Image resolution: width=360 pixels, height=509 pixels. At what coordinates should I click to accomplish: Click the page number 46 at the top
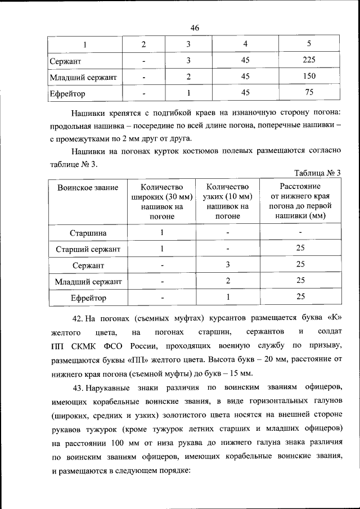point(195,28)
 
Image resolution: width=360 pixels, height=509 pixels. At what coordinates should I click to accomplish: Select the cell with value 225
point(309,60)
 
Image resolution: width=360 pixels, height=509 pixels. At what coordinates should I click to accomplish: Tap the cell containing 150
point(309,76)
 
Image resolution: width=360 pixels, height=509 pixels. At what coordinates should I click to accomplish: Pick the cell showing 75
point(309,93)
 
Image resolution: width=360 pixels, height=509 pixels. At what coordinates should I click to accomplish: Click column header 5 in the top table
point(309,44)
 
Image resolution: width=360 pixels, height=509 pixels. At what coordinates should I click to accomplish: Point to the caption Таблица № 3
point(318,173)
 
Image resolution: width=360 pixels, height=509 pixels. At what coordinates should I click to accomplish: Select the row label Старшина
point(88,232)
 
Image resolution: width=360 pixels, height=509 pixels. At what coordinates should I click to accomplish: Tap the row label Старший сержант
point(88,249)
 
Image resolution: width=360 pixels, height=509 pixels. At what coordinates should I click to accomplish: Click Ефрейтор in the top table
point(67,93)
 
